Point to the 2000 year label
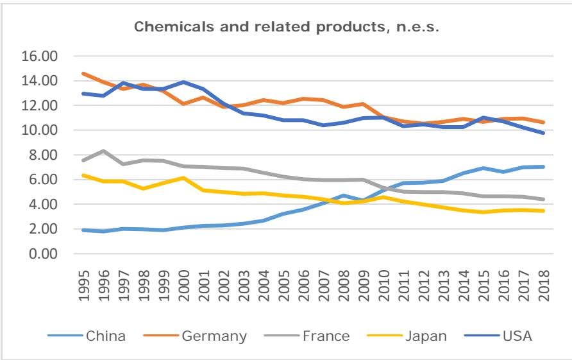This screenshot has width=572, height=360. tap(184, 282)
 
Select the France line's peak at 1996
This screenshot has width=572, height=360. tap(104, 151)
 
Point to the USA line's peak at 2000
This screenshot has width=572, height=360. tap(184, 82)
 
